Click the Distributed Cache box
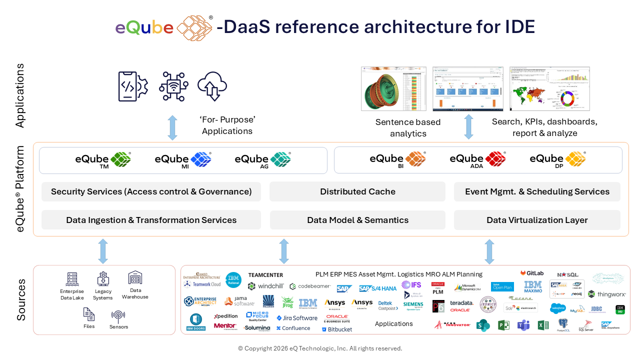coord(357,191)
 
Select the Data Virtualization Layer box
coord(537,220)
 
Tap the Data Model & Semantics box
coord(357,220)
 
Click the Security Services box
coord(151,191)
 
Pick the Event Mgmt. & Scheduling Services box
coord(537,191)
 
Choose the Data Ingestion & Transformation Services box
coord(151,220)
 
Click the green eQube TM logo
coord(103,159)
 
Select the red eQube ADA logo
coord(477,159)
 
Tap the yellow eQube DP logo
coord(557,159)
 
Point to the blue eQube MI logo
coord(182,159)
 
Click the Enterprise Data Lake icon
coord(72,279)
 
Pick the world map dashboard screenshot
coord(549,89)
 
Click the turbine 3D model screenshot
coord(393,89)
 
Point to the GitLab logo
coord(531,273)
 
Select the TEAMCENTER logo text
coord(265,275)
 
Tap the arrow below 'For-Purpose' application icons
coord(172,127)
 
